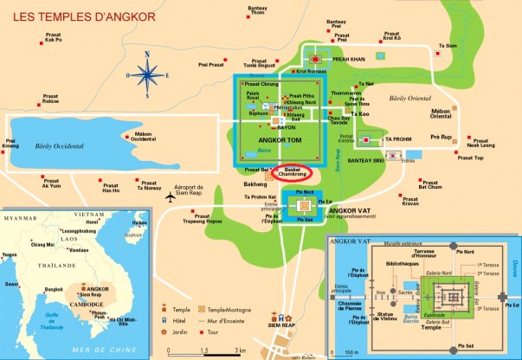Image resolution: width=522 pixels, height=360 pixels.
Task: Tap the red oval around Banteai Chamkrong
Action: [x=297, y=171]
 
